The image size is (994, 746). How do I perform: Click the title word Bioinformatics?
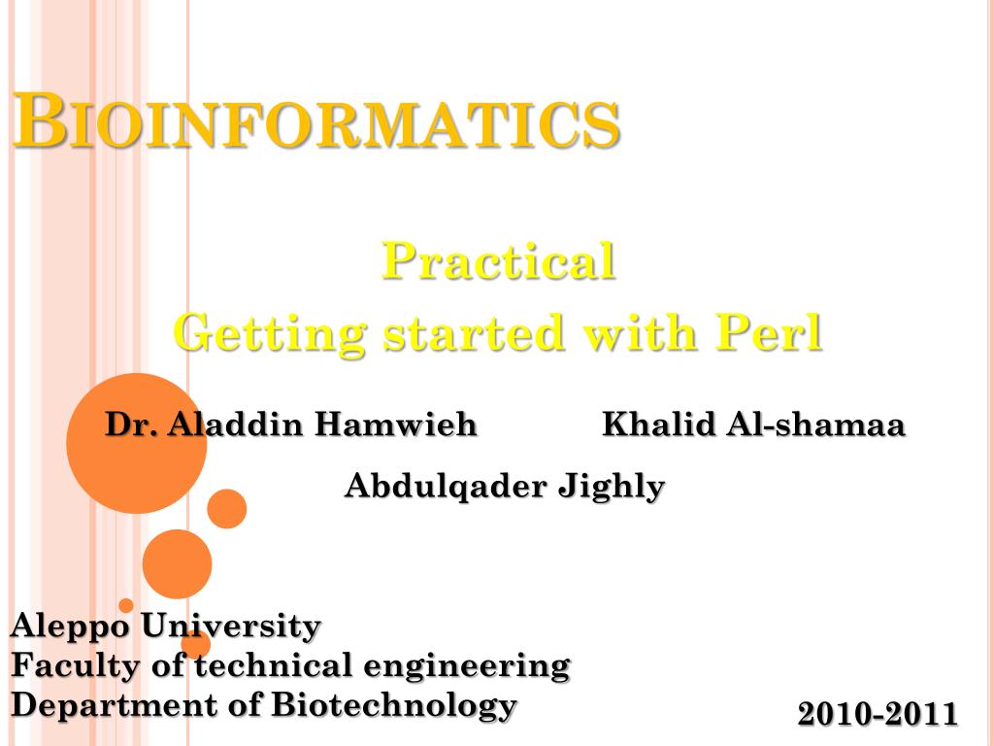[x=316, y=120]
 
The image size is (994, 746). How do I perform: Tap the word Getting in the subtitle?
[x=270, y=334]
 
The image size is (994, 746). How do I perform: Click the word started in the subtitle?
[x=474, y=332]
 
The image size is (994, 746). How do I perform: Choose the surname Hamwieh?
[x=396, y=424]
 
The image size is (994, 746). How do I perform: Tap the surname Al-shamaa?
[x=815, y=424]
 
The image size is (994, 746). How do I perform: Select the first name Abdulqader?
[x=446, y=486]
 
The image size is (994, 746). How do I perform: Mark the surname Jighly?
[x=612, y=488]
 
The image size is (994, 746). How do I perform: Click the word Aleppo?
[x=70, y=627]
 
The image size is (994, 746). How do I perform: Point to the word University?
[x=231, y=627]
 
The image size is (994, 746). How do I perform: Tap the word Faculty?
[x=75, y=666]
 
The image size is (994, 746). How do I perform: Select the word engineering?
[x=467, y=666]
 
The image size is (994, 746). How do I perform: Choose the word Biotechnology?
[x=394, y=705]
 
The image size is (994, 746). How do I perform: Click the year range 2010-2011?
[x=878, y=714]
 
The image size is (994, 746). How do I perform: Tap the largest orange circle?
[x=136, y=443]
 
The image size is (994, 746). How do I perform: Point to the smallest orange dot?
[x=126, y=605]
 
